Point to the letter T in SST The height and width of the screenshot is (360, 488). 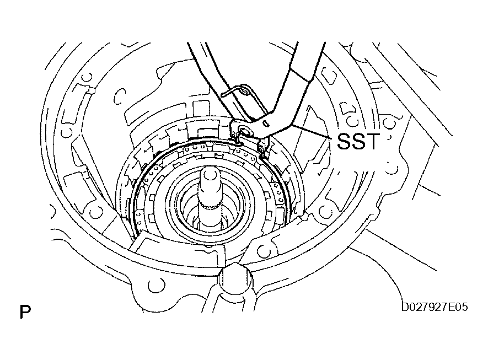coord(373,141)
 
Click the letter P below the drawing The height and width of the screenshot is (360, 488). coord(24,313)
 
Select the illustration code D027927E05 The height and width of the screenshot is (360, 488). coord(435,306)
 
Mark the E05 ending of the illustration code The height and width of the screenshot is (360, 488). coord(458,306)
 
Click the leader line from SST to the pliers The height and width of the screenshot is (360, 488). coord(309,131)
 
